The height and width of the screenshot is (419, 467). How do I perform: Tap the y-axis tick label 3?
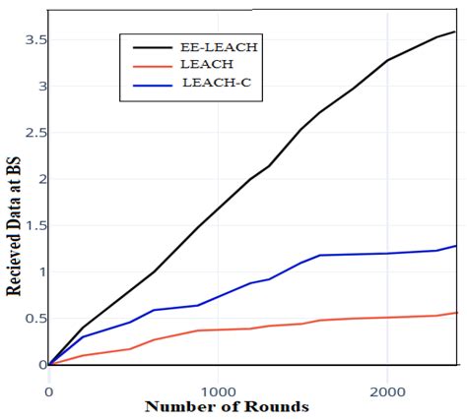pyautogui.click(x=38, y=87)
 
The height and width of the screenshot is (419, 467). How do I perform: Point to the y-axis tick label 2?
pyautogui.click(x=38, y=179)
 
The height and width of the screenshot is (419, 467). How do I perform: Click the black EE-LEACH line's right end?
pyautogui.click(x=455, y=31)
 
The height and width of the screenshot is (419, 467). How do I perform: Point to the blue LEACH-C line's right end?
pyautogui.click(x=455, y=246)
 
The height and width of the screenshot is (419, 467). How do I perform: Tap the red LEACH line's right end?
pyautogui.click(x=455, y=313)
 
